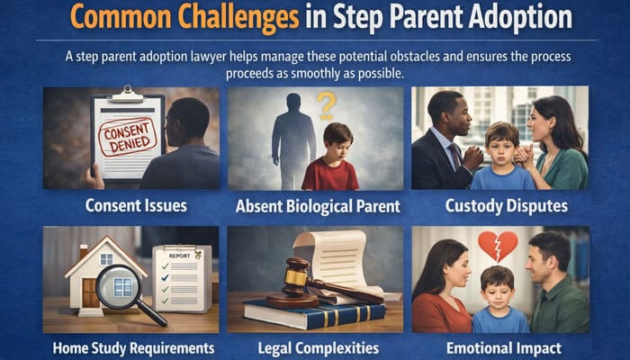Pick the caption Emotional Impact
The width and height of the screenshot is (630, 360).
[x=501, y=347]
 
